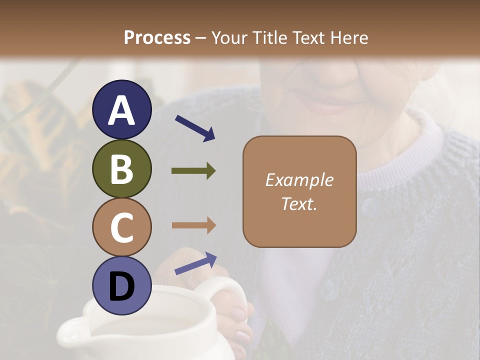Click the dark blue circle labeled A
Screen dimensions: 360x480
click(121, 110)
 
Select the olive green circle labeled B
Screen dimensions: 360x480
click(121, 168)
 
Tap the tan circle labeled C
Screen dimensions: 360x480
click(121, 227)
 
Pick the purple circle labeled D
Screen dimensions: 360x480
click(121, 285)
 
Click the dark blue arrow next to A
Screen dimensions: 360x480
click(195, 128)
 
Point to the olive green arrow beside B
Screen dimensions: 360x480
click(193, 171)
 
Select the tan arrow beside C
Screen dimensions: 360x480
click(193, 225)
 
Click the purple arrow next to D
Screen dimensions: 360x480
click(195, 263)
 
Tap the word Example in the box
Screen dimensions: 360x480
click(299, 180)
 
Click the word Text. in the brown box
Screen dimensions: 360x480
click(299, 203)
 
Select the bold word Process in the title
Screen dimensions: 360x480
click(157, 37)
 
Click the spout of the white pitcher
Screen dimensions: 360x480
click(70, 332)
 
